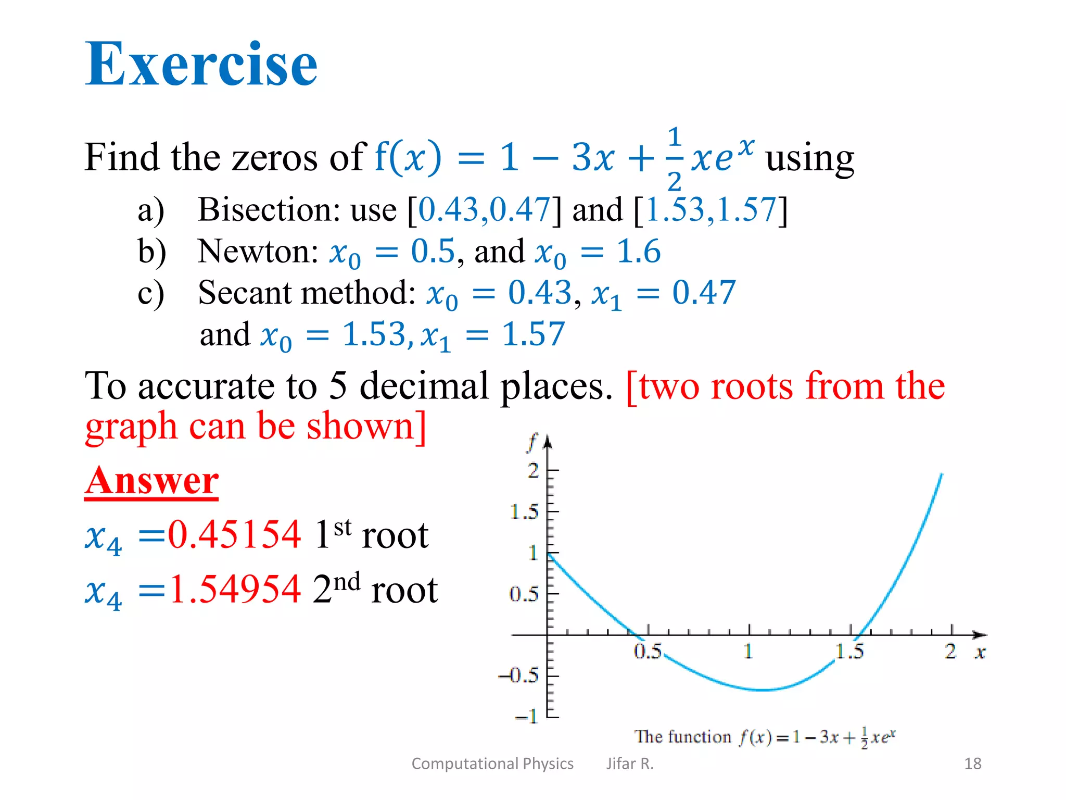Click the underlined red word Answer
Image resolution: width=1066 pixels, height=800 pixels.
[151, 480]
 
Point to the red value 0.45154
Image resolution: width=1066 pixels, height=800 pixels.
[234, 535]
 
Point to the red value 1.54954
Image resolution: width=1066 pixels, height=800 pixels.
[235, 590]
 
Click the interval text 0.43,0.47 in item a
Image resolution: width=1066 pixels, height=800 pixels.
[484, 210]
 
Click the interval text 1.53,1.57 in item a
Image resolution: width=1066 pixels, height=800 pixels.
[710, 210]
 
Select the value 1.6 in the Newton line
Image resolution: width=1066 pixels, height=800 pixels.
[639, 252]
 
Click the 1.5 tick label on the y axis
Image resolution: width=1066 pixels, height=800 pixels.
[524, 512]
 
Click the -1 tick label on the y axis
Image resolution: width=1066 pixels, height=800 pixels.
[526, 716]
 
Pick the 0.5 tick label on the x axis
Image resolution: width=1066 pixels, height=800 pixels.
[648, 651]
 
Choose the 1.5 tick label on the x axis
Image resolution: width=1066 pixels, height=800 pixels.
[849, 651]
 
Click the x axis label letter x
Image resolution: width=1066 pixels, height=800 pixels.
[980, 652]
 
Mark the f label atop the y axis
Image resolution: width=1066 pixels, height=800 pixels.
[531, 443]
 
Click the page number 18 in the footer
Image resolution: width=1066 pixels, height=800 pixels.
[972, 764]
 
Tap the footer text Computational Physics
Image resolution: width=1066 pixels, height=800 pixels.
[492, 764]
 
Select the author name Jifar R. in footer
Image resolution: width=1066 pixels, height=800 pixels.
[629, 764]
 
